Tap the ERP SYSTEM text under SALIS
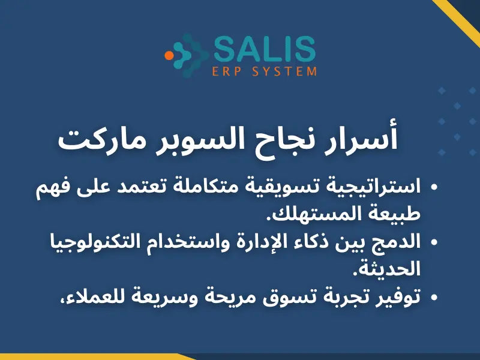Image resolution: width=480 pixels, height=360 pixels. [265, 72]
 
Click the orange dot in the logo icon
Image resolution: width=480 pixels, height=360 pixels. [169, 55]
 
